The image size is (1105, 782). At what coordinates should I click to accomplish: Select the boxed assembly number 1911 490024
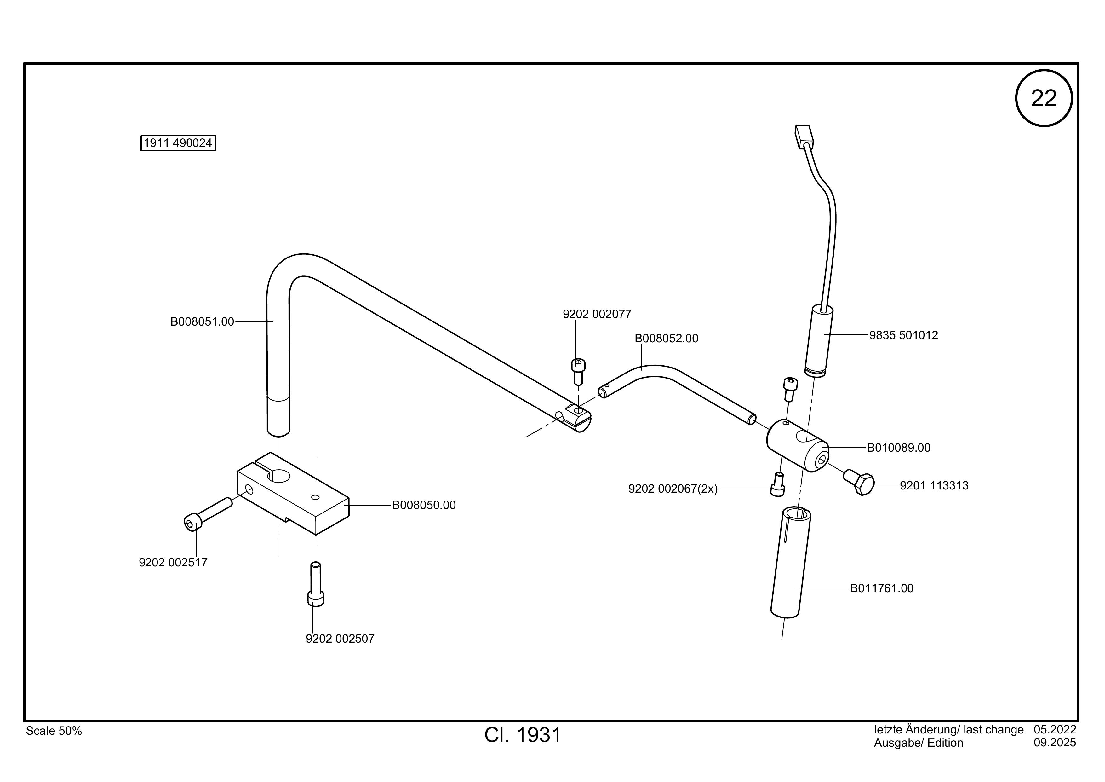click(178, 143)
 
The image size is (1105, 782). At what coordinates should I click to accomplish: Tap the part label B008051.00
click(202, 322)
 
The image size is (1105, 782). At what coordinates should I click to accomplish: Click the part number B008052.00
click(666, 339)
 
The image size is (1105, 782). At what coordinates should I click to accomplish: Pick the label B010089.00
click(899, 448)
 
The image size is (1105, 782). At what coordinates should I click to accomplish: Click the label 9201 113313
click(934, 485)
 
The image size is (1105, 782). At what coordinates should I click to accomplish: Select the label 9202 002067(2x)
click(673, 489)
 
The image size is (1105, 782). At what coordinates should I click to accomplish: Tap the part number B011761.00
click(882, 588)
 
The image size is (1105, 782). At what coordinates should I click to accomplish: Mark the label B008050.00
click(424, 505)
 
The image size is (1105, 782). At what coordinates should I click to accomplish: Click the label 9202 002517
click(173, 562)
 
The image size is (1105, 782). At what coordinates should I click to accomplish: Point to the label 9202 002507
click(340, 639)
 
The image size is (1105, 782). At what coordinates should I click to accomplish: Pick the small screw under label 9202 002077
click(578, 372)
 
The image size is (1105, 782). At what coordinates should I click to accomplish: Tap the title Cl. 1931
click(523, 735)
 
